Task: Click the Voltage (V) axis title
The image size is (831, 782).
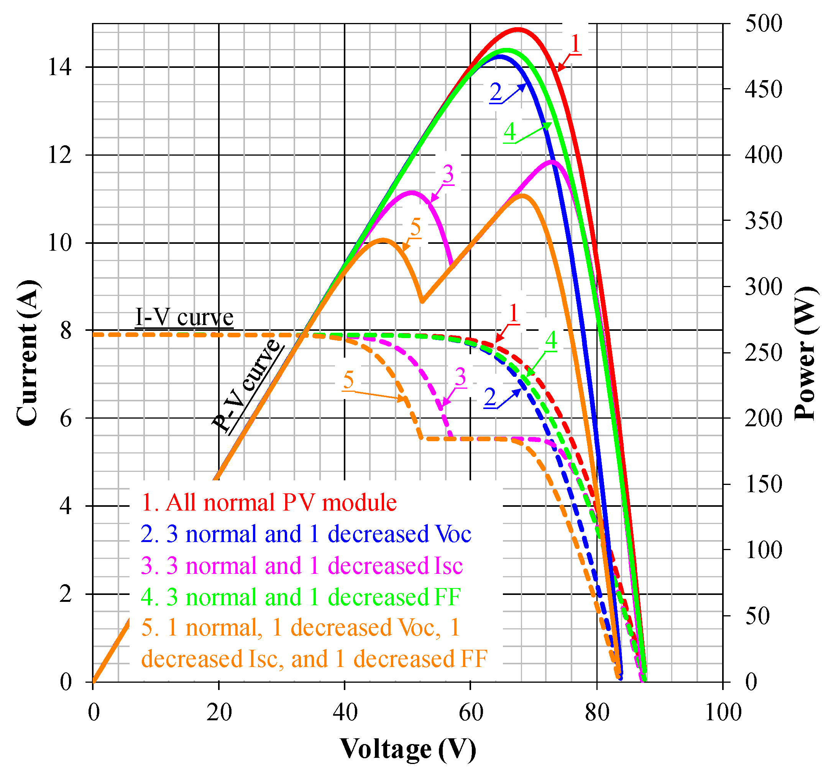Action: tap(407, 749)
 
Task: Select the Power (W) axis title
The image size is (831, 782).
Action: tap(805, 353)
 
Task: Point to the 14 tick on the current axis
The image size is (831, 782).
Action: tap(59, 67)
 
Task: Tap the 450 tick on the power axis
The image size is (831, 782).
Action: tap(763, 89)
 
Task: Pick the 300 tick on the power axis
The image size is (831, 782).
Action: tap(763, 287)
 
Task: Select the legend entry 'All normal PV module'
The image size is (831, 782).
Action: tap(269, 503)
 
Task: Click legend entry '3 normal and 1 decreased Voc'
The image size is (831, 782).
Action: tap(306, 534)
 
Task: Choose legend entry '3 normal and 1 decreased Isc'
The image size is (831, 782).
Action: tap(302, 565)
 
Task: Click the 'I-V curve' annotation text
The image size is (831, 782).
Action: tap(184, 318)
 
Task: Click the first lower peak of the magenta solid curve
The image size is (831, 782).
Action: tap(412, 192)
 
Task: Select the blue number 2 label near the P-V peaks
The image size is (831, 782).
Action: tap(496, 92)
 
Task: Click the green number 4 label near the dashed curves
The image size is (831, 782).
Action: tap(551, 341)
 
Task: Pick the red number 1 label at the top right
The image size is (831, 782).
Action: tap(576, 43)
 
